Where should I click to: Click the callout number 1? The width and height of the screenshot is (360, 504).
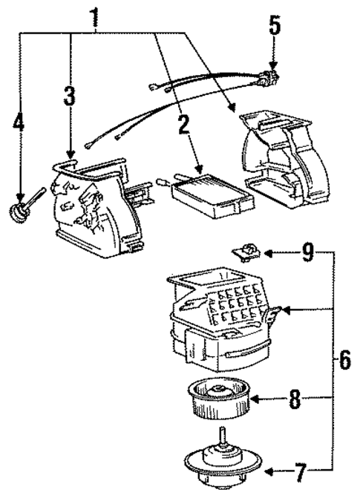coord(95,16)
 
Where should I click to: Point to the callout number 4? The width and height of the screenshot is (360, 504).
coord(19,123)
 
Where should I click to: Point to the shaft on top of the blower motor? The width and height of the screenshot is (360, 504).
coord(223,438)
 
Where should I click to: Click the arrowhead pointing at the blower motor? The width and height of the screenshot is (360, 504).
coord(270,471)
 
